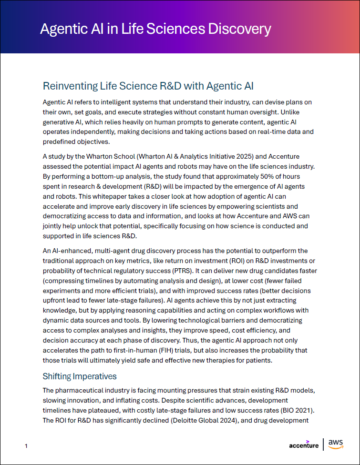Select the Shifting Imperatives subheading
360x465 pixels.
click(x=80, y=376)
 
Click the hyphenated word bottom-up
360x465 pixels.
click(x=107, y=176)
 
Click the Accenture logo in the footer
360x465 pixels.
click(x=304, y=445)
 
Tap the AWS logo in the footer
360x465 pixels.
click(x=336, y=445)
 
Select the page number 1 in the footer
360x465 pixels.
click(x=26, y=446)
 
